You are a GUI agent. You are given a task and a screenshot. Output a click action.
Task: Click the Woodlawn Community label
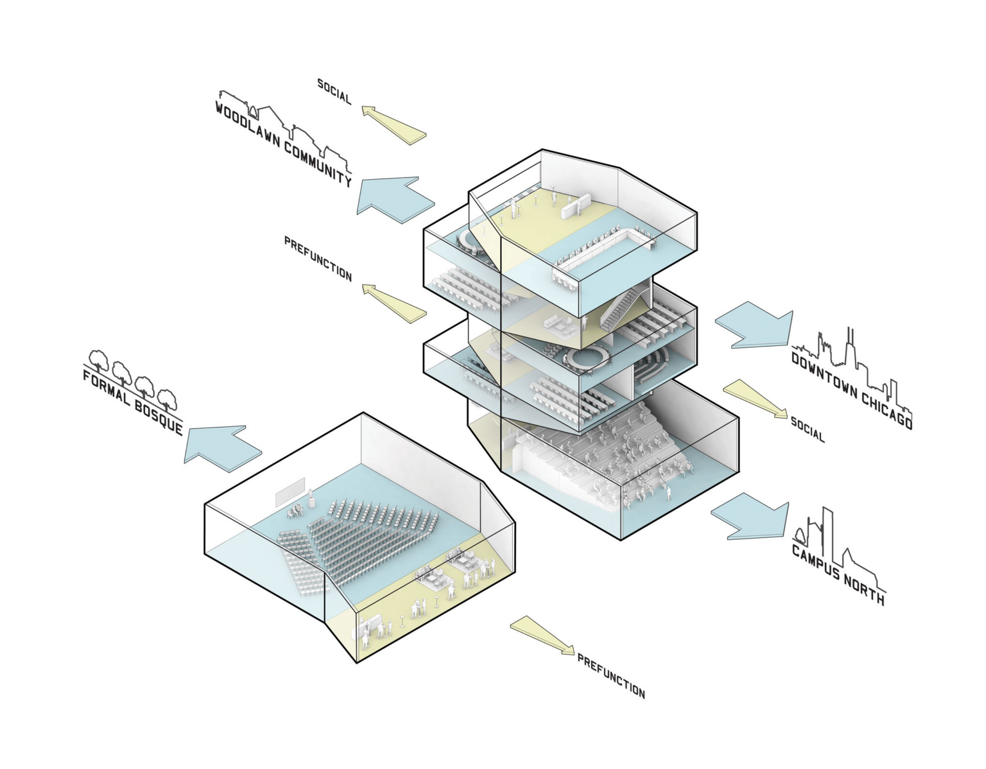[283, 144]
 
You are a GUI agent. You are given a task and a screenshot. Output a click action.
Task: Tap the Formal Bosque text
[133, 402]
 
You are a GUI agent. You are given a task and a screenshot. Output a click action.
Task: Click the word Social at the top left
[334, 92]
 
